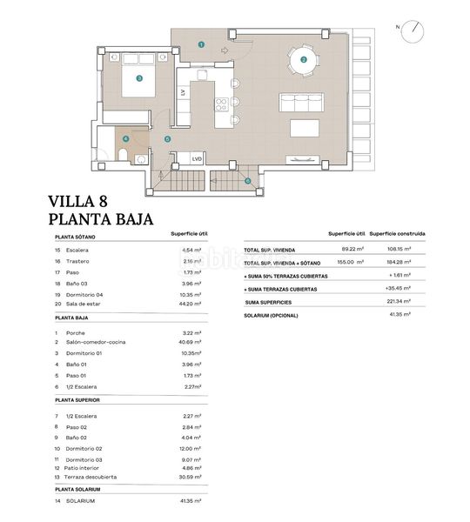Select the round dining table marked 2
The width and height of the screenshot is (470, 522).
tap(304, 60)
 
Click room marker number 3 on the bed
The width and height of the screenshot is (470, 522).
tap(138, 77)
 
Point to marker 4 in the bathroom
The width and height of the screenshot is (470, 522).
tap(125, 137)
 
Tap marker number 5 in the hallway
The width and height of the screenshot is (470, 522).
tap(167, 138)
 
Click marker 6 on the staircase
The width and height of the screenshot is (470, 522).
tap(247, 181)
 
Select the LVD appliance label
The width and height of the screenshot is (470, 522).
tap(198, 159)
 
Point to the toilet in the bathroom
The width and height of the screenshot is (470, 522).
tap(126, 156)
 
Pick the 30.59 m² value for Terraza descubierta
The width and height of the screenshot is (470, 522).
tap(189, 477)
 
